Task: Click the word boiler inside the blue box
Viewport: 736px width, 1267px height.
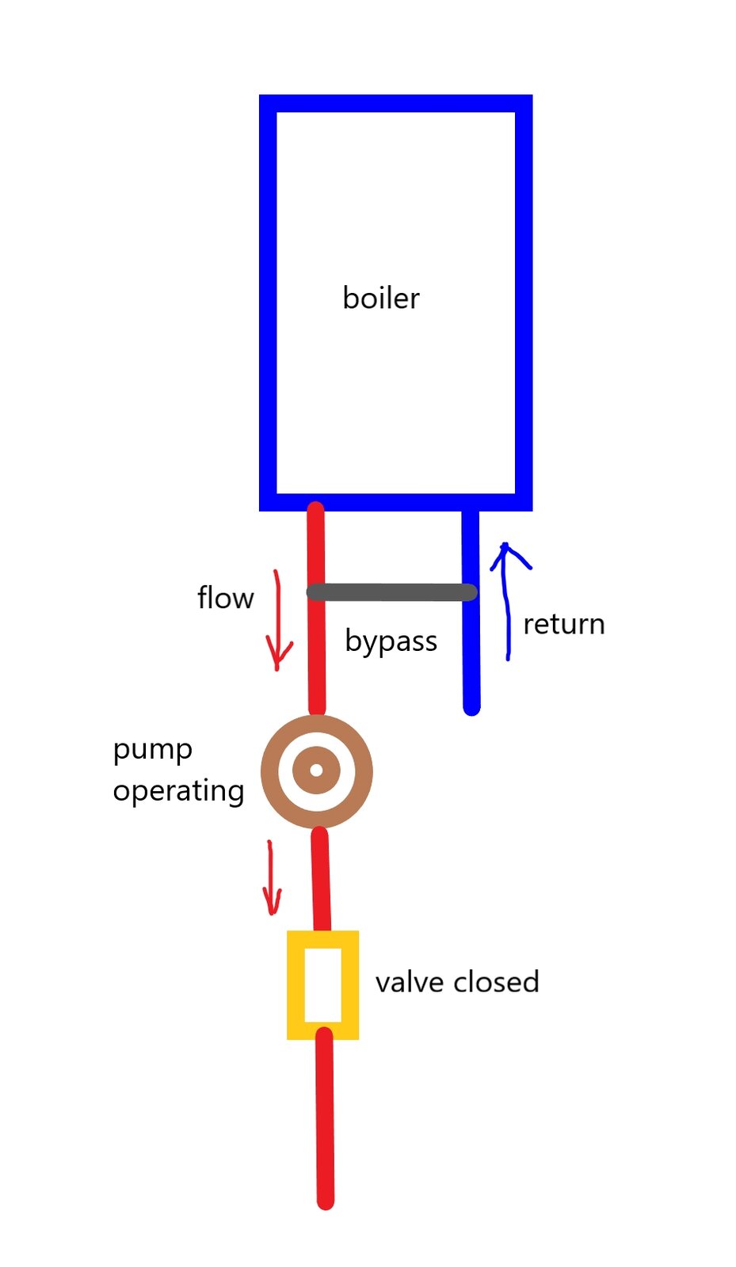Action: (x=381, y=298)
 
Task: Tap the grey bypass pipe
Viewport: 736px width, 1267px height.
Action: (x=391, y=592)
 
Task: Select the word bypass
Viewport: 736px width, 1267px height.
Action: (x=391, y=642)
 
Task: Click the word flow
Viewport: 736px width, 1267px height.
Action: (x=225, y=597)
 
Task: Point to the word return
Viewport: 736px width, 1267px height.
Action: (x=564, y=625)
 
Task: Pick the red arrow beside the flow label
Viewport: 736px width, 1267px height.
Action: (x=278, y=620)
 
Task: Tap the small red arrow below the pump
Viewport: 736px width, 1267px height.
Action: (x=272, y=877)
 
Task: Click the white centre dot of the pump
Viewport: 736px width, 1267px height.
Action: (x=316, y=770)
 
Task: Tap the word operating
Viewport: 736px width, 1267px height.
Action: (x=178, y=791)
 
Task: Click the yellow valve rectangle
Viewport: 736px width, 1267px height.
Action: (x=322, y=985)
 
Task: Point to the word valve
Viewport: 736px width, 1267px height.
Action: (x=410, y=982)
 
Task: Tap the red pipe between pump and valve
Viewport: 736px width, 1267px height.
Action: (x=321, y=879)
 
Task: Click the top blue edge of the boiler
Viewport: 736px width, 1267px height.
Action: (x=395, y=104)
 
